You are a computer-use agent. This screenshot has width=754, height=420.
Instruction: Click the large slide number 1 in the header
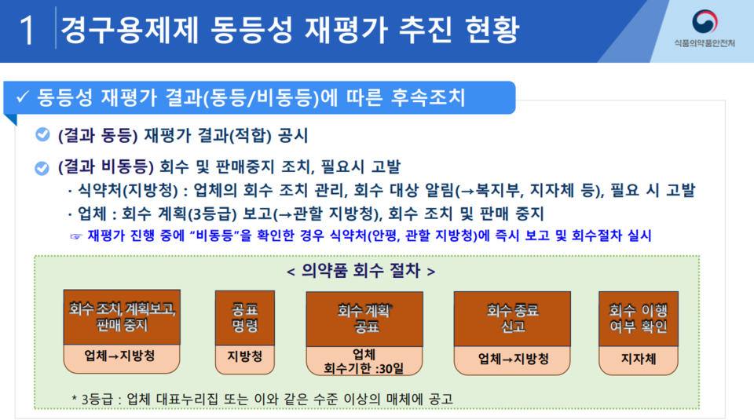[x=27, y=30]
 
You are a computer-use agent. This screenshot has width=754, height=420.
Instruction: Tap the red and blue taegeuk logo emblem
[x=705, y=22]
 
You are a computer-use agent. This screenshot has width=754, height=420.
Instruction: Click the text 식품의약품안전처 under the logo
[x=705, y=43]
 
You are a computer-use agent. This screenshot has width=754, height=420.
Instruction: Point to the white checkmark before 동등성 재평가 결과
[x=23, y=97]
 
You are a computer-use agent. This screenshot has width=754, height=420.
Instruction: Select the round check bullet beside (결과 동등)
[x=42, y=134]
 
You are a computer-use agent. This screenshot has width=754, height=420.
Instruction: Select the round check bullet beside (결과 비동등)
[x=42, y=168]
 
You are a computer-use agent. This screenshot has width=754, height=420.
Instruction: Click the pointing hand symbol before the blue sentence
[x=76, y=236]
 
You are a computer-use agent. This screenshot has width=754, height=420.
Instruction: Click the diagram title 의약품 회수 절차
[x=361, y=271]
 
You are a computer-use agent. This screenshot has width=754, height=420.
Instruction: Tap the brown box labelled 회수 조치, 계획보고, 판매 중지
[x=123, y=317]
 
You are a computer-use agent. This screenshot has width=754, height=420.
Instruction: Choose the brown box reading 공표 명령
[x=245, y=318]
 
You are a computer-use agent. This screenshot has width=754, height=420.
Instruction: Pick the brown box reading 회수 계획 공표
[x=364, y=319]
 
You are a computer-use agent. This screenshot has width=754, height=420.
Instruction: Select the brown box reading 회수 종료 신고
[x=512, y=319]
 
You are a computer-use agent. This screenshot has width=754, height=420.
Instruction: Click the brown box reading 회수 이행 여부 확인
[x=639, y=319]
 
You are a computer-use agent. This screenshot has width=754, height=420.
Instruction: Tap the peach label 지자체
[x=639, y=359]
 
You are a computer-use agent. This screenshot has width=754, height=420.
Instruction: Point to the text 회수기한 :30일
[x=364, y=369]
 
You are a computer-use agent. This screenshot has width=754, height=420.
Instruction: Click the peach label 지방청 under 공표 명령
[x=245, y=356]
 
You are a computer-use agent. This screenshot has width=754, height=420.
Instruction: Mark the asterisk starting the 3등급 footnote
[x=74, y=398]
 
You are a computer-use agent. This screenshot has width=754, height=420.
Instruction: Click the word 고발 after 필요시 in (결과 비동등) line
[x=386, y=166]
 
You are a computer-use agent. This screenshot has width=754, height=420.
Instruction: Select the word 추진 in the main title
[x=426, y=30]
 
